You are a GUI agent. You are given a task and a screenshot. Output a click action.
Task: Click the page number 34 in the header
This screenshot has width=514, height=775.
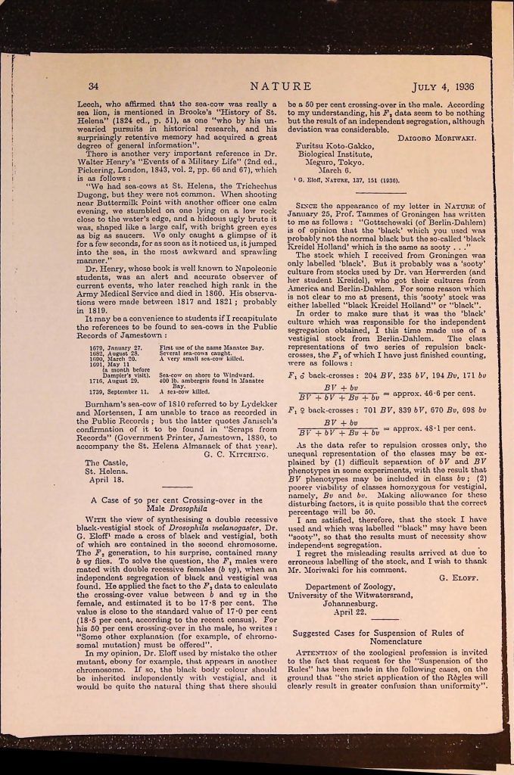click(94, 86)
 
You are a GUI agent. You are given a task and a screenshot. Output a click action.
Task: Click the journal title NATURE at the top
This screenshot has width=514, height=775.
click(281, 86)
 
